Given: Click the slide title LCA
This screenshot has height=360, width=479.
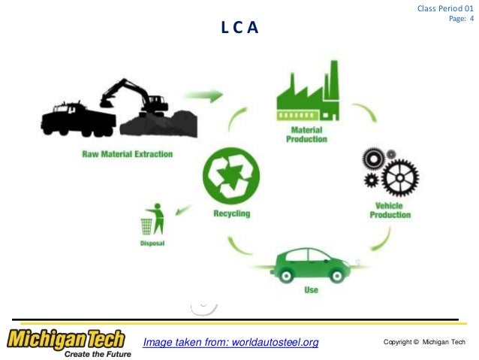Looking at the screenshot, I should coord(239,29).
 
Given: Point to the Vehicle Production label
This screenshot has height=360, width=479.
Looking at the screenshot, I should coord(390,210).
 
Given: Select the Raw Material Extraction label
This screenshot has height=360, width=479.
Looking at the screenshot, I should coord(128,154).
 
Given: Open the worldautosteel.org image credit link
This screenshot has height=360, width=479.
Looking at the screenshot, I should coord(230,343).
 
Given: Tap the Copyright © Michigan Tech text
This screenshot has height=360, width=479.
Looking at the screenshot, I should coord(423,343).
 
